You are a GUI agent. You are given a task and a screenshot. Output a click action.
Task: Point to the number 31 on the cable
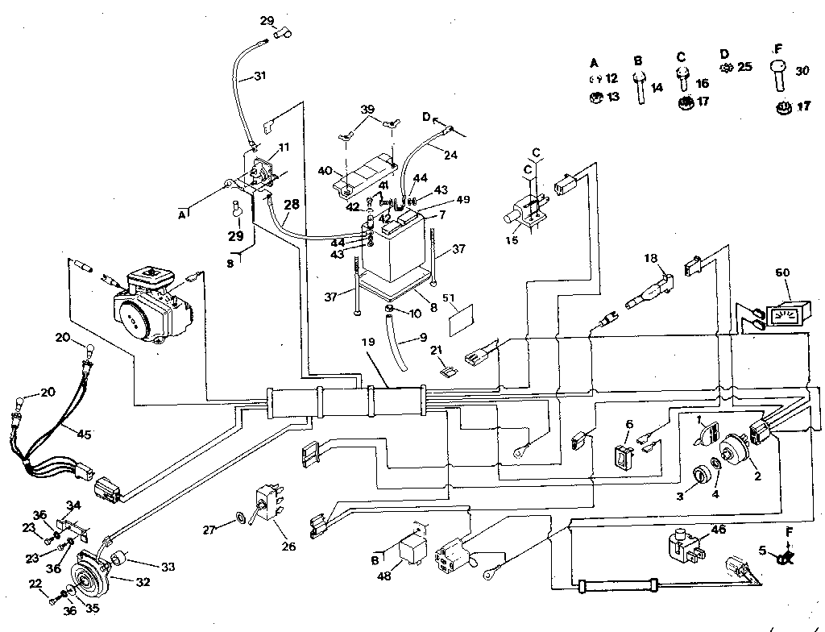point(258,77)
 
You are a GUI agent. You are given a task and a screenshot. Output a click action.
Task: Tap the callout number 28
point(292,205)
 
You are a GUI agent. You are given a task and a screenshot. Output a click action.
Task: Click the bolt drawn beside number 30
point(778,77)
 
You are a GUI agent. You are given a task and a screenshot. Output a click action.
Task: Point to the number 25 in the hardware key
point(744,67)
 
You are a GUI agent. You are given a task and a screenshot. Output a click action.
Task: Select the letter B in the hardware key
point(638,60)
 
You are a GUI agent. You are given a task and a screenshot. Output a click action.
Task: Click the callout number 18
point(652,258)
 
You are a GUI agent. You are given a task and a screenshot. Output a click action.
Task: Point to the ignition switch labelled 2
point(733,451)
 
